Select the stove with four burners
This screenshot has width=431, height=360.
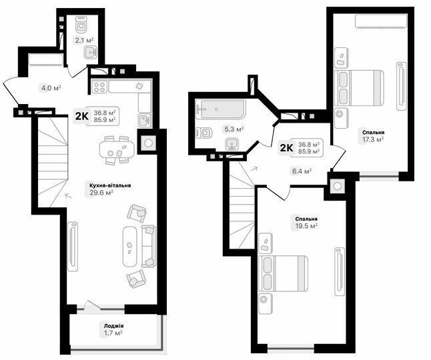(100, 86)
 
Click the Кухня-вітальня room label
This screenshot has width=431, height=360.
(110, 185)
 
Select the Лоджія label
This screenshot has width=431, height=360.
(113, 325)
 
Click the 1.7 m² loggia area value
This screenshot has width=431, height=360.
(113, 333)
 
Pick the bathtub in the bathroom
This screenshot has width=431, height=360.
(220, 109)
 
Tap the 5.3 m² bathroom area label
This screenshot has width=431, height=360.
(234, 129)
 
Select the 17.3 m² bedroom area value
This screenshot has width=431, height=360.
(373, 139)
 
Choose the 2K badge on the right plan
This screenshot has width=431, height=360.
(286, 147)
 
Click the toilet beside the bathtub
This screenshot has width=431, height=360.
(205, 133)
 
